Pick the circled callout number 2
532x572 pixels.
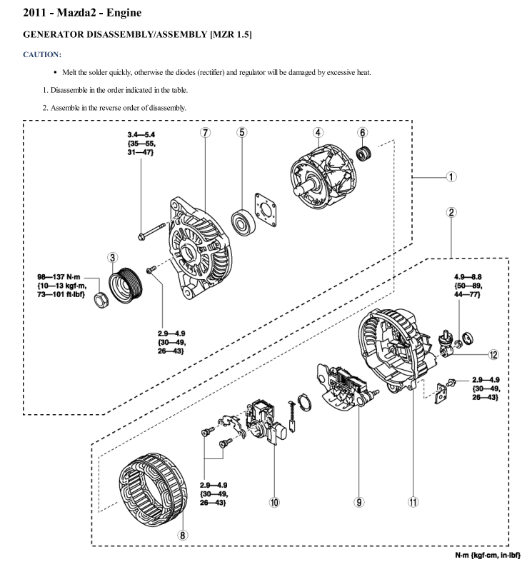(451, 212)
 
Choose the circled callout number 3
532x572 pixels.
(114, 257)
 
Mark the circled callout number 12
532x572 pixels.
(493, 353)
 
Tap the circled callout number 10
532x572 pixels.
(273, 501)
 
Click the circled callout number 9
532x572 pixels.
(358, 501)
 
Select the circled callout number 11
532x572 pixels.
(413, 501)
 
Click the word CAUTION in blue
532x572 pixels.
(42, 54)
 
